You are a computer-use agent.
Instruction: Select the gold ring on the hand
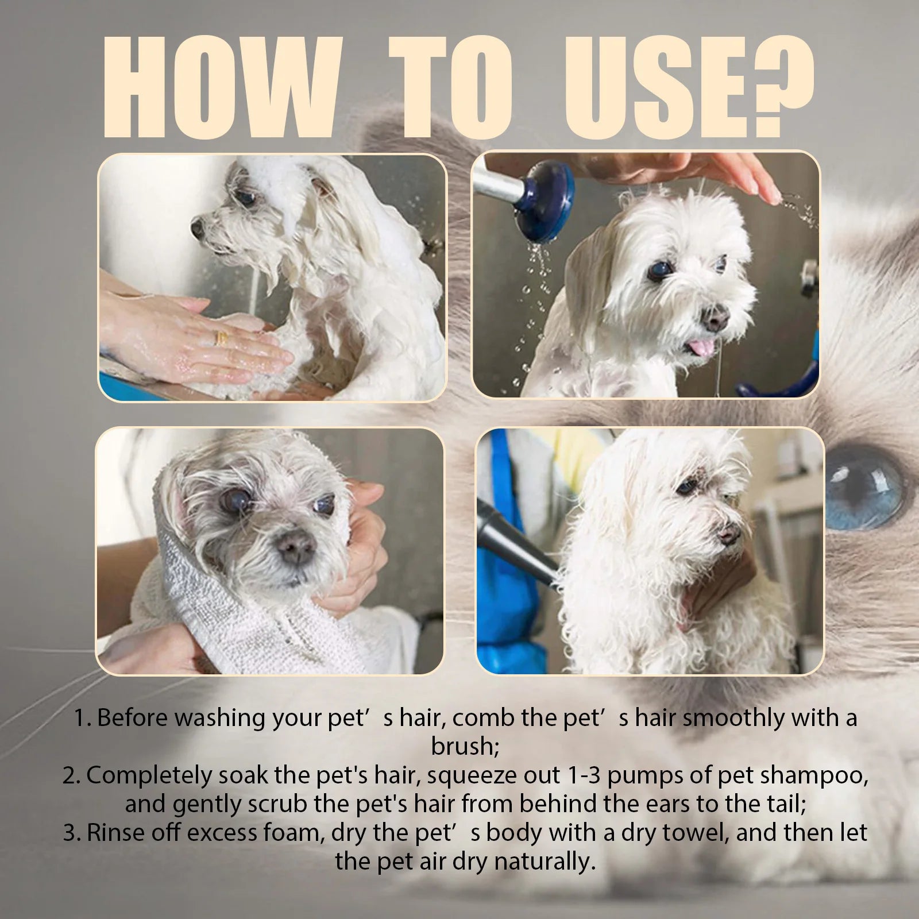point(221,338)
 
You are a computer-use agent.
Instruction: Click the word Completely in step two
point(149,775)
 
